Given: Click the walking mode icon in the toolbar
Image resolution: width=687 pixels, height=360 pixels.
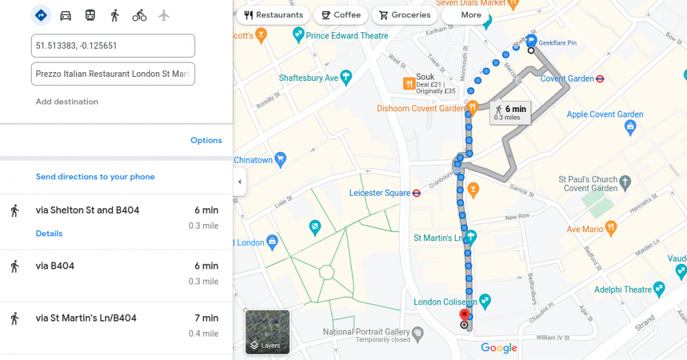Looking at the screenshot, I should pyautogui.click(x=115, y=15).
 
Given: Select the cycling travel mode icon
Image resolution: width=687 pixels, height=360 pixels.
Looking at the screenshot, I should pyautogui.click(x=139, y=15).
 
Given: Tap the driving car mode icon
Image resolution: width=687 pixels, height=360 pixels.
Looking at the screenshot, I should pyautogui.click(x=65, y=15).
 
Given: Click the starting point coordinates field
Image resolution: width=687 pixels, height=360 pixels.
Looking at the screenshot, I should pyautogui.click(x=113, y=46).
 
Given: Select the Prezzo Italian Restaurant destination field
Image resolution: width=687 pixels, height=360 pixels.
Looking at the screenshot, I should pyautogui.click(x=113, y=74).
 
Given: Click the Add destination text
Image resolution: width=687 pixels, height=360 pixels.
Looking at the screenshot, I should pyautogui.click(x=67, y=102).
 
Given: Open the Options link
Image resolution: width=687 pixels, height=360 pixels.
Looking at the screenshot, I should pyautogui.click(x=206, y=140).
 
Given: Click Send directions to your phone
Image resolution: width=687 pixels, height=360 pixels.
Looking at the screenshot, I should pyautogui.click(x=95, y=177).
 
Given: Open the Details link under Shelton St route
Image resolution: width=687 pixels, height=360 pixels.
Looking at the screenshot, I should pyautogui.click(x=49, y=234).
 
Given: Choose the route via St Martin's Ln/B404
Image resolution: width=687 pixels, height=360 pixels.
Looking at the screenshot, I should pyautogui.click(x=86, y=318).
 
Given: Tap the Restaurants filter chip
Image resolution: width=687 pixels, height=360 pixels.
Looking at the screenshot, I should pyautogui.click(x=273, y=15).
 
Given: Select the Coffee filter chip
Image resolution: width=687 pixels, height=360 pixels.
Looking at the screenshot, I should pyautogui.click(x=341, y=15).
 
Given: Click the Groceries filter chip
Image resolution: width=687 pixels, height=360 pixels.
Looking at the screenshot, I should pyautogui.click(x=404, y=15).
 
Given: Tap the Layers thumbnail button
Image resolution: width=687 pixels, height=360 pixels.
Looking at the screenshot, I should pyautogui.click(x=267, y=333).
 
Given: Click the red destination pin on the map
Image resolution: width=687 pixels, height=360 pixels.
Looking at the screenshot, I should pyautogui.click(x=464, y=316).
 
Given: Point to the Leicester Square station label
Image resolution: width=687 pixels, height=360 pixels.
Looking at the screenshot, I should pyautogui.click(x=379, y=193).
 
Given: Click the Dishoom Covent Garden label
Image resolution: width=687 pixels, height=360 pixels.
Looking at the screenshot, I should pyautogui.click(x=420, y=109).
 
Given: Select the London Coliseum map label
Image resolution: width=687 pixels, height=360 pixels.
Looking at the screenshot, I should pyautogui.click(x=445, y=302).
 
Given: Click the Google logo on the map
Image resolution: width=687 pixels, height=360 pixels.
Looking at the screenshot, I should pyautogui.click(x=499, y=348).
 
